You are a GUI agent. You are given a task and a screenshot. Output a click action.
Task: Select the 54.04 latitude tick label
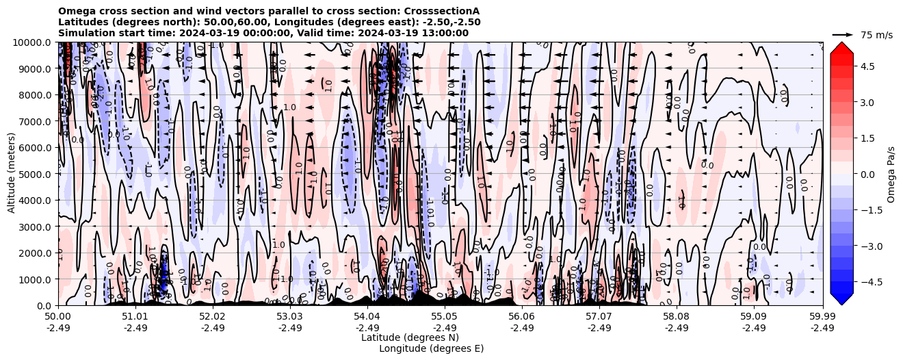point(367,317)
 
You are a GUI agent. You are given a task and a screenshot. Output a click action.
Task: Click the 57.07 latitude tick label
point(599,317)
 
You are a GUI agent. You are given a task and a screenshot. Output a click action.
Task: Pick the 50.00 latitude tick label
point(58,317)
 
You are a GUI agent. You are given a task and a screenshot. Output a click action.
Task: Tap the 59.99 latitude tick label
point(822,317)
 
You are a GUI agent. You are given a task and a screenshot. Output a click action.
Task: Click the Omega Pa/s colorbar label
point(891,174)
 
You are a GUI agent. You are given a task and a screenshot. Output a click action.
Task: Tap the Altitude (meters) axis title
point(12,174)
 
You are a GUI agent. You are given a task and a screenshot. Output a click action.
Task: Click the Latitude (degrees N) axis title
point(410,337)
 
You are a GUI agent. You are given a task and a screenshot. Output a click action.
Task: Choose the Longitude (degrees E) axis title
point(432,348)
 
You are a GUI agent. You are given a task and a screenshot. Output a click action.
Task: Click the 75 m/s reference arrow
point(843,34)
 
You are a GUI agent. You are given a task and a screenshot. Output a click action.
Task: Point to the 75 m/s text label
point(876,35)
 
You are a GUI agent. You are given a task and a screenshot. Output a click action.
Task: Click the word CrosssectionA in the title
point(444,11)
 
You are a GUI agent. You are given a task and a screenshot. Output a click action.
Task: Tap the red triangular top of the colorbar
point(841,47)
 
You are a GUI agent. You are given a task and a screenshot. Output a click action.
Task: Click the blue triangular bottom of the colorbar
point(841,299)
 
